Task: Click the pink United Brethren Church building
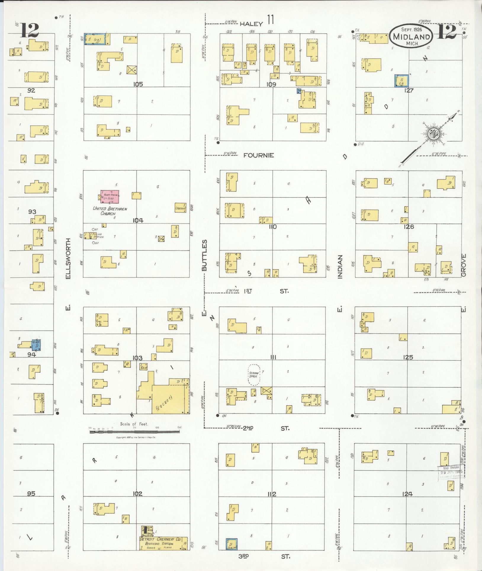[x=110, y=196]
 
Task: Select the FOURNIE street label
[x=258, y=155]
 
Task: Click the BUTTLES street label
[x=204, y=255]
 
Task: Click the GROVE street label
[x=464, y=265]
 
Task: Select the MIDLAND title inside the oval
[x=412, y=37]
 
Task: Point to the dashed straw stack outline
[x=254, y=375]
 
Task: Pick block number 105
[x=138, y=84]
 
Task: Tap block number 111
[x=273, y=357]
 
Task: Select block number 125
[x=408, y=357]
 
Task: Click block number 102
[x=137, y=494]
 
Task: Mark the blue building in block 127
[x=402, y=81]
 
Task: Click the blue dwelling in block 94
[x=36, y=345]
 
